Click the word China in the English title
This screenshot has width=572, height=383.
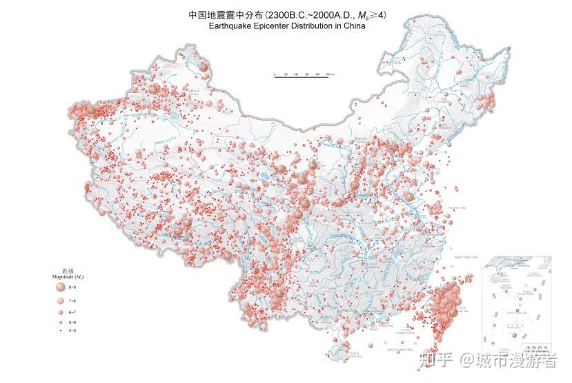(351, 28)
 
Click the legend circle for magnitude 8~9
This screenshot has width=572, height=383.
(60, 287)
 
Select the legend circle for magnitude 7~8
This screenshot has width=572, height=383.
(60, 301)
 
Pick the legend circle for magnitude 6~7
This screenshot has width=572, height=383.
(60, 312)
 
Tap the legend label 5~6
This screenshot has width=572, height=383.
(73, 322)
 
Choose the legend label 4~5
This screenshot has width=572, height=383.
(73, 330)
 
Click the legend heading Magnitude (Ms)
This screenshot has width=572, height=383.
(67, 276)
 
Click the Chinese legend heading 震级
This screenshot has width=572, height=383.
(67, 271)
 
